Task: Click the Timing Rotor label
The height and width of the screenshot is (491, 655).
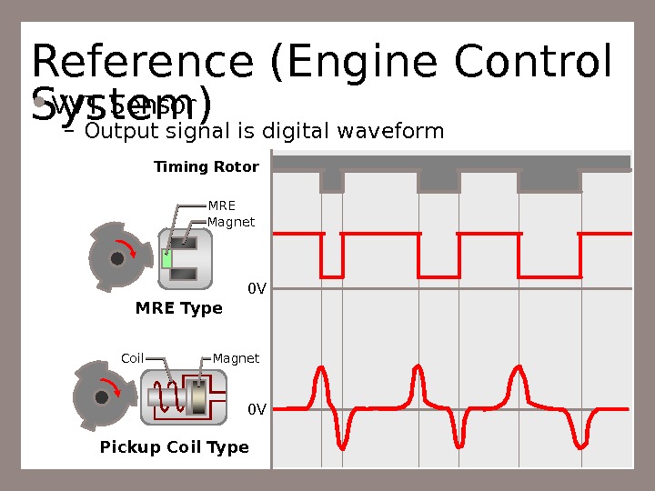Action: point(207,167)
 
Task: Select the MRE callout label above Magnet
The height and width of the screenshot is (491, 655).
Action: point(222,205)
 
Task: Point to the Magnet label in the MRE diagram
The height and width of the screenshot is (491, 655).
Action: point(231,222)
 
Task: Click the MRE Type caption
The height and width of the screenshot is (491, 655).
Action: point(179,308)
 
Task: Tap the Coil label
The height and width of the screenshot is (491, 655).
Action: point(133,358)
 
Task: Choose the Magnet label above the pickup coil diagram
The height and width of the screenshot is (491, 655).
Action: point(237,358)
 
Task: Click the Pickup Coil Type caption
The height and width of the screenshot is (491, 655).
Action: point(174,447)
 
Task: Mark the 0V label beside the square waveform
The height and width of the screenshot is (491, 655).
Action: point(257,289)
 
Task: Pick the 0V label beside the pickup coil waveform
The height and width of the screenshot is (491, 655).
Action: point(257,409)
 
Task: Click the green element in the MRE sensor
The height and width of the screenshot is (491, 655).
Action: point(166,257)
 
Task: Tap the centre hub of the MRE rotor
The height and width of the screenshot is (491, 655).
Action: point(116,258)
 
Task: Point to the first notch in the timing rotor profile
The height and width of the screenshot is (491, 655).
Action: point(332,181)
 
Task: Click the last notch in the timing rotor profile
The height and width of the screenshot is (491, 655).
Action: point(549,181)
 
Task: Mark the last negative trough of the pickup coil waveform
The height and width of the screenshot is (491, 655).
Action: point(580,444)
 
